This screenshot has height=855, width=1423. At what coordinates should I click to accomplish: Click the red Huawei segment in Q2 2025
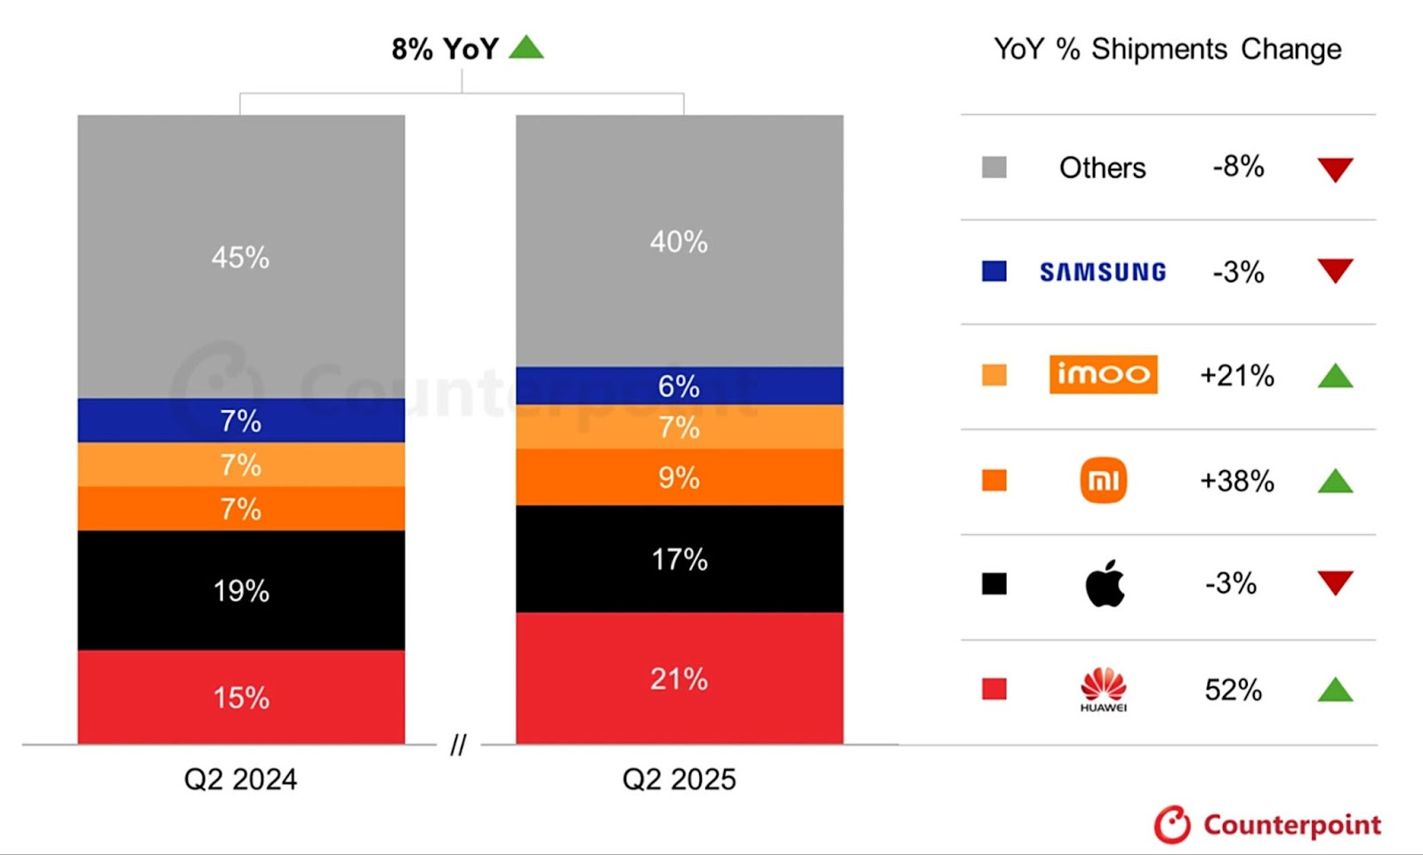(679, 678)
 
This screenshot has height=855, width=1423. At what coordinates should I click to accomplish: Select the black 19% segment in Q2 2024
(241, 590)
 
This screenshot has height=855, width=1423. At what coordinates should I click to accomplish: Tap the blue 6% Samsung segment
(679, 386)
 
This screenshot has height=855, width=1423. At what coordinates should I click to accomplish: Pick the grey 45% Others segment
(241, 257)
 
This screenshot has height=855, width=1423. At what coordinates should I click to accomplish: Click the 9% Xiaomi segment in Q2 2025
(679, 477)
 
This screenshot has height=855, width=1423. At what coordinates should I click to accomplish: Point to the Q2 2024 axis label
(240, 779)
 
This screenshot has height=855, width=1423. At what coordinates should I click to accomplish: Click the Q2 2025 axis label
(679, 779)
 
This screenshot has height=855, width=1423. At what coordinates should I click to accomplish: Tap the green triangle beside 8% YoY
(527, 47)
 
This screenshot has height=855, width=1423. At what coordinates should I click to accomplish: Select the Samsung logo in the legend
(1103, 272)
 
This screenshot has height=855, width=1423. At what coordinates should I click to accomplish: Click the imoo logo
(1103, 374)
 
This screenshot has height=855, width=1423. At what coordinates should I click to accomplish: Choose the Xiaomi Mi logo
(1103, 480)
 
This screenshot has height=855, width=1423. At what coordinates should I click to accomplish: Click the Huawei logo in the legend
(1103, 689)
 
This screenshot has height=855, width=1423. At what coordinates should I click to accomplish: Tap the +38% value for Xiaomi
(1236, 481)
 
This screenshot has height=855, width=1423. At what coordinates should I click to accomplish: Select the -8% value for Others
(1238, 166)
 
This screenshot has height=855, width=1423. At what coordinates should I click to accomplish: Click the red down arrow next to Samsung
(1335, 270)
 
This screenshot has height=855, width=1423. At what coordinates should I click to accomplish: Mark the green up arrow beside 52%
(1335, 690)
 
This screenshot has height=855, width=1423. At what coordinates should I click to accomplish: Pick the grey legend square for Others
(994, 167)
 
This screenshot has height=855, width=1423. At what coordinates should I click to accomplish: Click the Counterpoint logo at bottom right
(1267, 825)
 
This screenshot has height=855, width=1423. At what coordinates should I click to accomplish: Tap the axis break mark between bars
(458, 745)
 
